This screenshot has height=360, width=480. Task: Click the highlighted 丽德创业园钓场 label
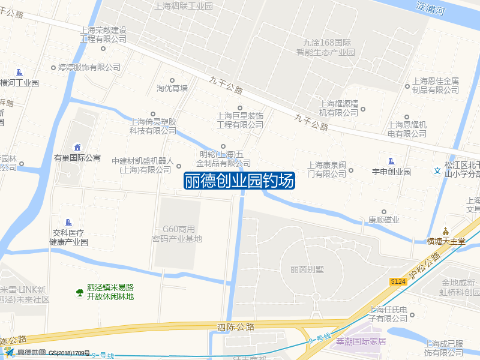[x=239, y=181]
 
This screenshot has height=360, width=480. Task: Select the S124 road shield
[x=398, y=281]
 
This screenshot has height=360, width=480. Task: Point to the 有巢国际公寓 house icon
[x=77, y=148]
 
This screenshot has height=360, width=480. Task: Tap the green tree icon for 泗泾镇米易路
[x=79, y=292]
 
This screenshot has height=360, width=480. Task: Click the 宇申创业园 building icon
[x=391, y=161]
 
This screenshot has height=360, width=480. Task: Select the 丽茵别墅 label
[x=306, y=269]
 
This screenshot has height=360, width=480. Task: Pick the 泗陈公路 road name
[x=236, y=327]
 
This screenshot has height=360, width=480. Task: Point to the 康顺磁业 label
[x=384, y=220]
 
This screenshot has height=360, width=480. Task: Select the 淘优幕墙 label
[x=172, y=88]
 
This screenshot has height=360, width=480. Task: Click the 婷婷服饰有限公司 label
[x=89, y=67]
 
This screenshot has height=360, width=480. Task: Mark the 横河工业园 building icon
[x=20, y=73]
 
